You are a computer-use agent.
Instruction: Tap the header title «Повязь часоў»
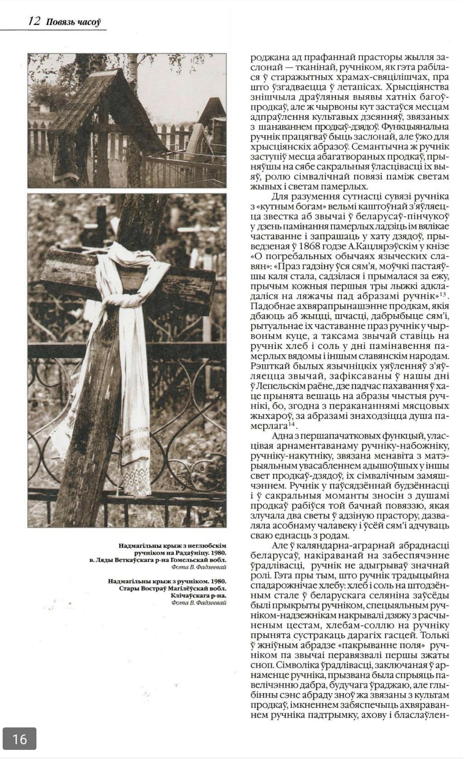click(x=73, y=22)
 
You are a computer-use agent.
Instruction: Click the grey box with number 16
click(x=19, y=738)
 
